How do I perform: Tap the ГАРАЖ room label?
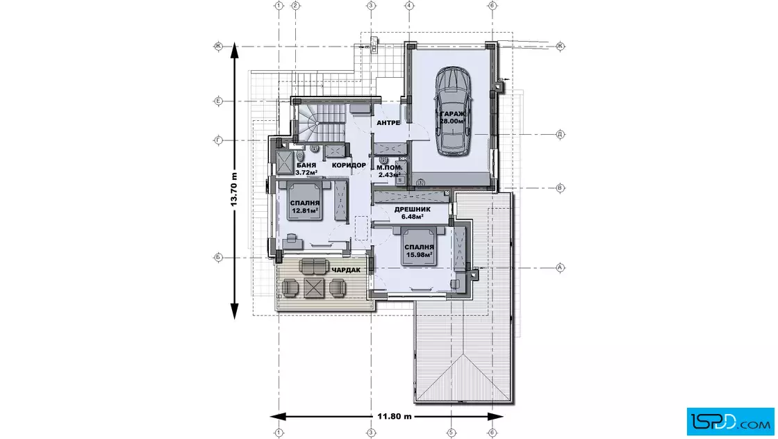click(452, 114)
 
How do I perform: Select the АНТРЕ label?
click(388, 122)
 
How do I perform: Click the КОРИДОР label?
click(349, 165)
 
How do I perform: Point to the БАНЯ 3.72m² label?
click(306, 169)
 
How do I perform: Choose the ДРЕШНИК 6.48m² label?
click(413, 213)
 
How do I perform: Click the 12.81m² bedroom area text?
click(305, 210)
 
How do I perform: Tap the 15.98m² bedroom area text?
click(420, 255)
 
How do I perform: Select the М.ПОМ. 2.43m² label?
click(389, 171)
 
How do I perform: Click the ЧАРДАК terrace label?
click(346, 270)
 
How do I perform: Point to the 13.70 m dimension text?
click(233, 190)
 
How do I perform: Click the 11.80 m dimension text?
click(395, 416)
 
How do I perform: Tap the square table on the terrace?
click(313, 288)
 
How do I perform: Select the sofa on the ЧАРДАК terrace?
click(313, 266)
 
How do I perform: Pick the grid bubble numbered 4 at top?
click(409, 6)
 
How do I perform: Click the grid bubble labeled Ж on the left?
click(218, 46)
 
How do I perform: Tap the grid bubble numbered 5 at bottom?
click(451, 433)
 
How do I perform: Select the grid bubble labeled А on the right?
click(560, 267)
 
